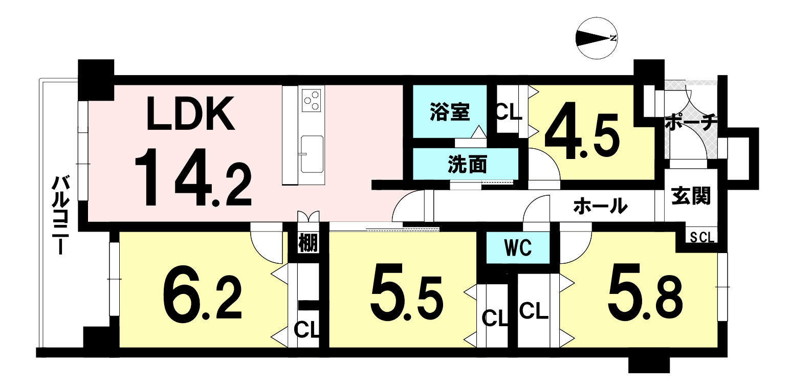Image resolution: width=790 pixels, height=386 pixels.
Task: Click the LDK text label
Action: coord(190,113)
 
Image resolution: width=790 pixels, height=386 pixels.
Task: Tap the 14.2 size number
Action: coord(193,177)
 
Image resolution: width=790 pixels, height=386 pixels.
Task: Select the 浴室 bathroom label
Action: coord(450,112)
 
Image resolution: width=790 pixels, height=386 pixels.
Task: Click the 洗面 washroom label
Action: coord(467,165)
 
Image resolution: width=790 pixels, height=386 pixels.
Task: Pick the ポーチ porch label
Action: coord(692,122)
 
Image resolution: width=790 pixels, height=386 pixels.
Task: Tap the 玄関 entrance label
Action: coord(691,196)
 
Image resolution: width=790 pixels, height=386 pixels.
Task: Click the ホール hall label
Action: coord(601,206)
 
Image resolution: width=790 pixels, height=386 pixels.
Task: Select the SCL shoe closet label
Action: coord(702,238)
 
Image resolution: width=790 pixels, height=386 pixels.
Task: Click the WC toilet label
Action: coord(518,248)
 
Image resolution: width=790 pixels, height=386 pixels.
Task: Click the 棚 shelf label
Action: coord(308,243)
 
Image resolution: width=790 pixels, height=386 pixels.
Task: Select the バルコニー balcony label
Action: coord(61,215)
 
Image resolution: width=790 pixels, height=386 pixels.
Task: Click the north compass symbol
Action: coord(597,38)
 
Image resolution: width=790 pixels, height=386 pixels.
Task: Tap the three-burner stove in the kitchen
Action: coord(312,101)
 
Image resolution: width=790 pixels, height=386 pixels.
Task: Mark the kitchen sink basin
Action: coord(312,154)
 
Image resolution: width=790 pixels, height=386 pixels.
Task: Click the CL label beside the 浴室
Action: coord(508,112)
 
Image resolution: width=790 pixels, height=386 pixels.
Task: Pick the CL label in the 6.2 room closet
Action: coord(306,330)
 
